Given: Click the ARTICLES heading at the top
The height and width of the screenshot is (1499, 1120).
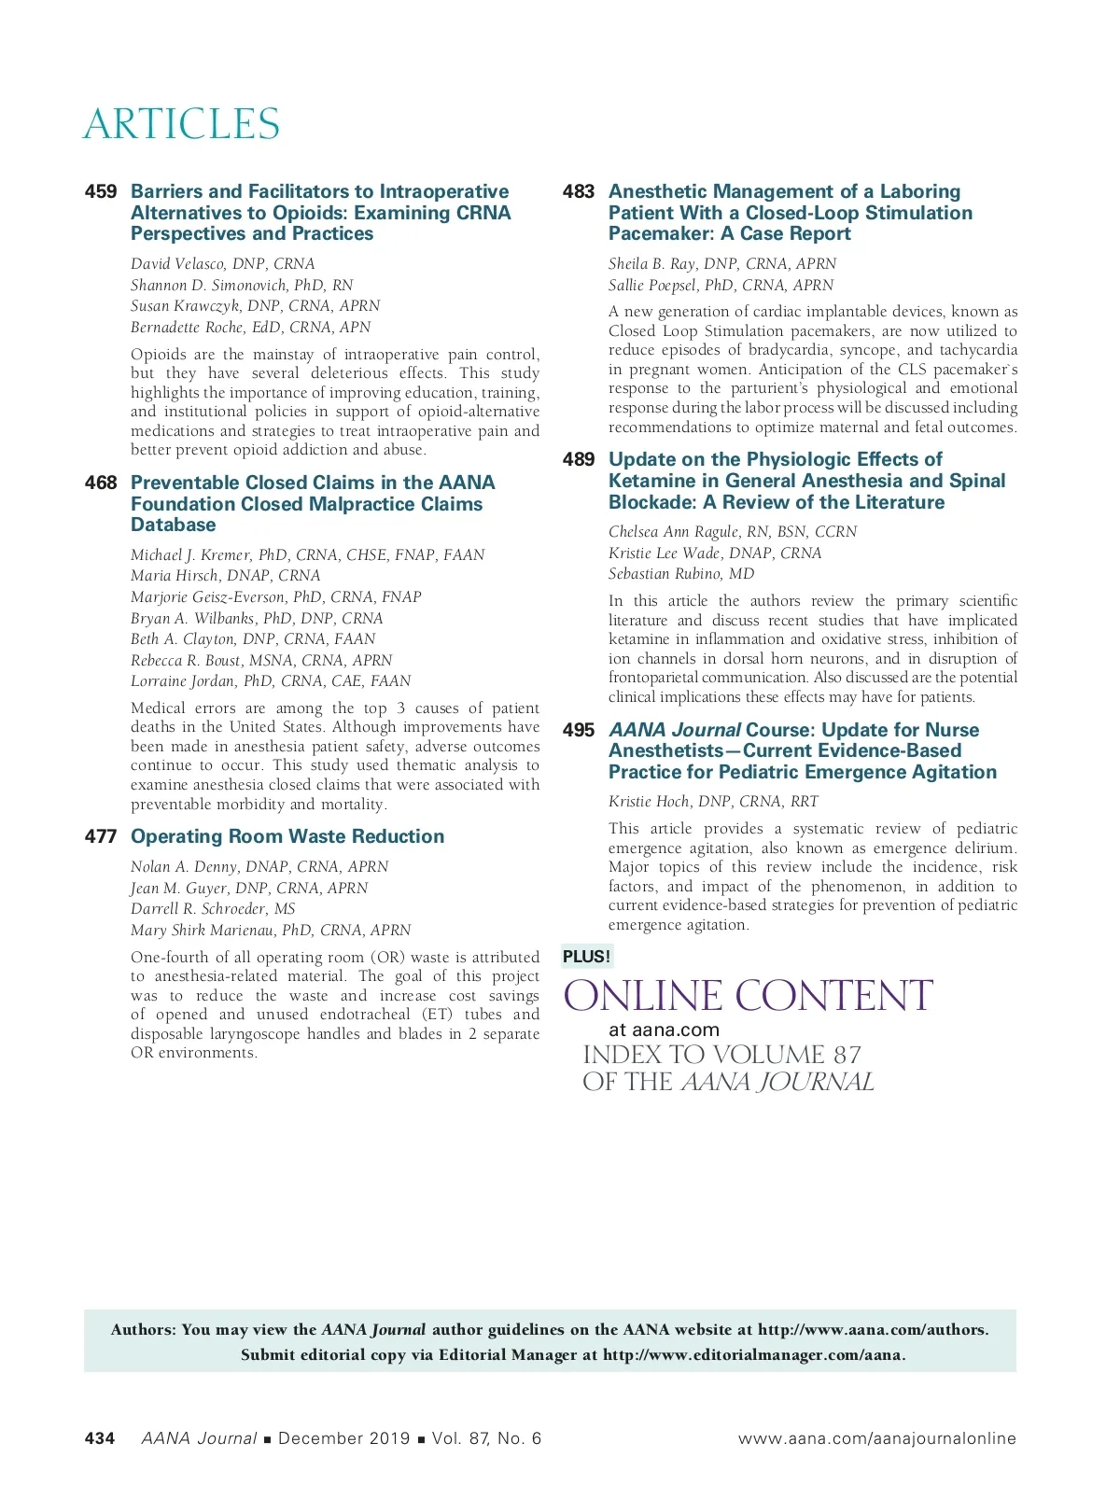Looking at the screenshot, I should [181, 125].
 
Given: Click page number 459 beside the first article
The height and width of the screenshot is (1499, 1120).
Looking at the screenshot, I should [101, 192].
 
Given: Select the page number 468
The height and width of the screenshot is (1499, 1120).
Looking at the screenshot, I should [101, 483].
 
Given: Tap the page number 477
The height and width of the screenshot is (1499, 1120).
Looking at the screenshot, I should [101, 837].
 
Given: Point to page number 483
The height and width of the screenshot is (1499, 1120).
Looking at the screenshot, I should [579, 192].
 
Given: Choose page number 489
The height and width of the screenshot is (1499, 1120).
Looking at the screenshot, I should [579, 460].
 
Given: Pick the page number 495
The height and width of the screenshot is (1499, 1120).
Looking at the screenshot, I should [579, 731].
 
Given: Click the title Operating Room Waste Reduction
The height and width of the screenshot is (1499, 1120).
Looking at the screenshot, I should [287, 837].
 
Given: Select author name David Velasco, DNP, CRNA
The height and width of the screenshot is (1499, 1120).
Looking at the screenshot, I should [223, 264].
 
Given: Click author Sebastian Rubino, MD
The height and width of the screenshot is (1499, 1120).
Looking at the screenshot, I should [681, 574].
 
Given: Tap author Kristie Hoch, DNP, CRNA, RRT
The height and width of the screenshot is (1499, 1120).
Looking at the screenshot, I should [713, 802].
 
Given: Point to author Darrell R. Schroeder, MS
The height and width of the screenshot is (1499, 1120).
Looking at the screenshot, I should [213, 909].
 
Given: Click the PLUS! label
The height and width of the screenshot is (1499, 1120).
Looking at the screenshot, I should [586, 957].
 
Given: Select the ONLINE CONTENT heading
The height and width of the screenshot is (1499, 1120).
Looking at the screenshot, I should [748, 997].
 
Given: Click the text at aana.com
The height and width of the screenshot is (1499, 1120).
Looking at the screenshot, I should [664, 1030].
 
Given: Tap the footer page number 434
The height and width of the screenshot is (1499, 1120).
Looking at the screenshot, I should [100, 1438].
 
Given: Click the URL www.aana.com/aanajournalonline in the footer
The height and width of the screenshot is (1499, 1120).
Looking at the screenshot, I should [876, 1438].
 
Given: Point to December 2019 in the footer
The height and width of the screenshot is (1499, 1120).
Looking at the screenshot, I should [343, 1438].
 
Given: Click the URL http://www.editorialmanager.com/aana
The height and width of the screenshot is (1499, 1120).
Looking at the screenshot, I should [753, 1355].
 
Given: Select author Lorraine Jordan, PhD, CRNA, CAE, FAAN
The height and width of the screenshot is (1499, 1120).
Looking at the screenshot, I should [271, 681].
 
